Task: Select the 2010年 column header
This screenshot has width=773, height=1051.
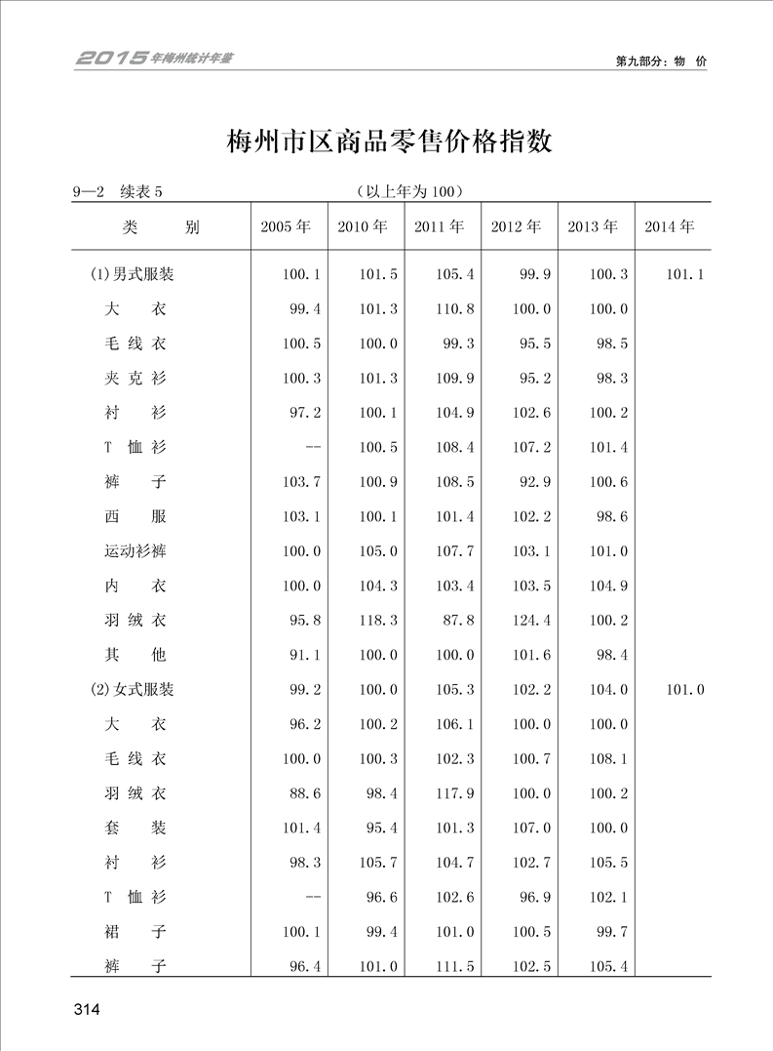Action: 363,226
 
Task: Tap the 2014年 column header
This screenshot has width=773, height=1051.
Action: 670,226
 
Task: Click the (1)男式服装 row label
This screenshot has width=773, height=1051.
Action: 133,274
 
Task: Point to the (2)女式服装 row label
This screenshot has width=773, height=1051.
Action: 133,689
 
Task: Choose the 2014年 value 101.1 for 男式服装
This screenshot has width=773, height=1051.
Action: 684,274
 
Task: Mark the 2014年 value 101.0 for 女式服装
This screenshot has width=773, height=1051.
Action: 684,689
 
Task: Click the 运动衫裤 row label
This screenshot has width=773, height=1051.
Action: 135,550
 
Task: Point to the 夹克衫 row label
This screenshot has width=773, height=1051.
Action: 135,378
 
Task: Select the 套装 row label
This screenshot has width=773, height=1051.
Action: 135,828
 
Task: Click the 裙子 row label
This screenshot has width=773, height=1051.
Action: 135,931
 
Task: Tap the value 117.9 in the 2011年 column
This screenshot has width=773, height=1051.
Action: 455,792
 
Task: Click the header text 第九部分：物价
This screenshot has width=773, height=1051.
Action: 660,61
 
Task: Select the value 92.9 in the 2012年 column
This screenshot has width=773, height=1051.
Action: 535,481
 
